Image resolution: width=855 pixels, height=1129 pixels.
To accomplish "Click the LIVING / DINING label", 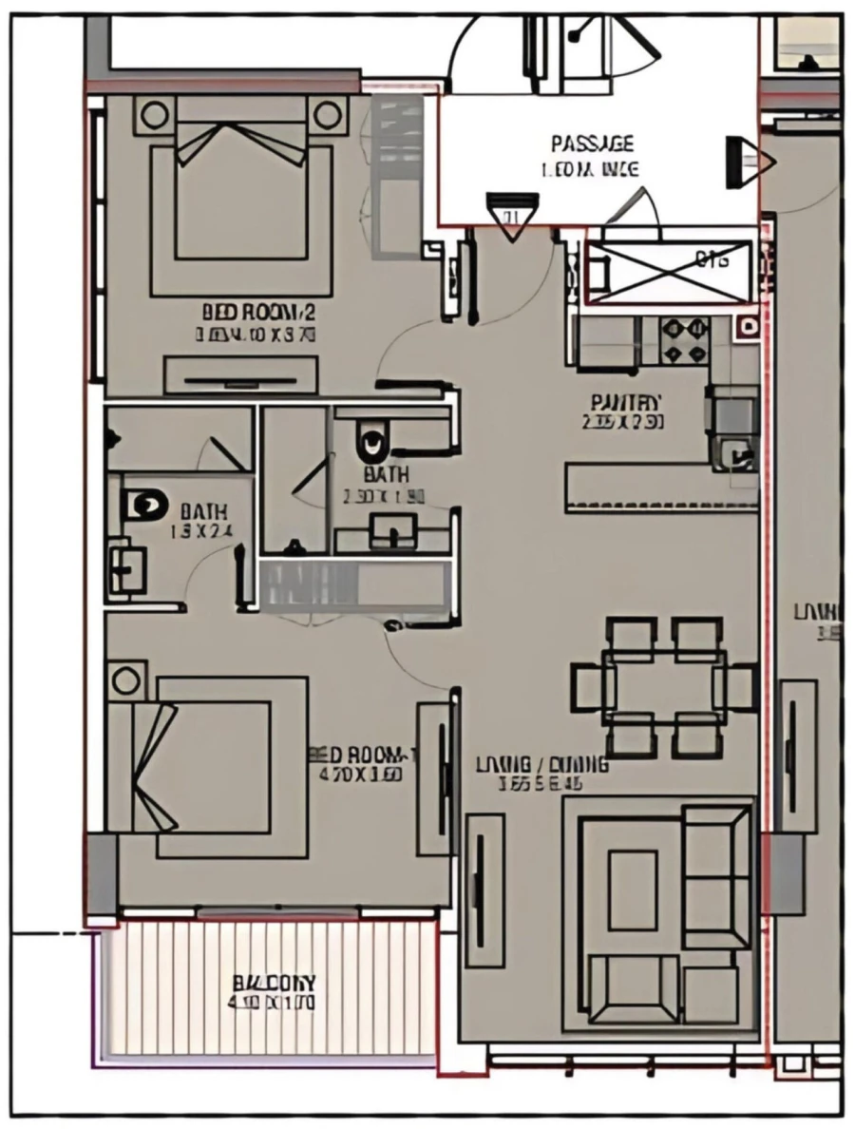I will click(541, 765).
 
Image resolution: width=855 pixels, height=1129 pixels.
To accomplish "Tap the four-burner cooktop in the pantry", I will click(685, 341).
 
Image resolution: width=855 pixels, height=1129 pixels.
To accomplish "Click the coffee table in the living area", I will click(632, 890).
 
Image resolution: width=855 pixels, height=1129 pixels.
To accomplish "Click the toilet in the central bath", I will click(371, 442).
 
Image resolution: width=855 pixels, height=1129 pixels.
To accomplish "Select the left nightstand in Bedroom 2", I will click(152, 116).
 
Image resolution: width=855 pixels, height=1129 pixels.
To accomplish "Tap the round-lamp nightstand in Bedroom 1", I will click(125, 680).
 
